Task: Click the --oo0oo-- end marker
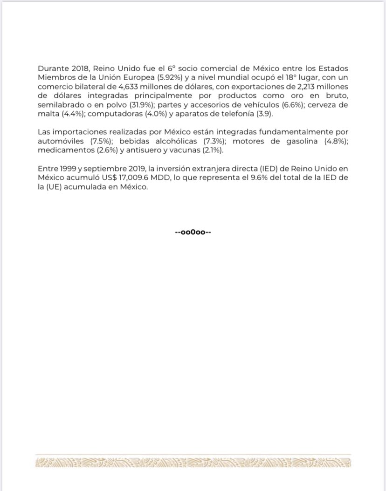pyautogui.click(x=193, y=232)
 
